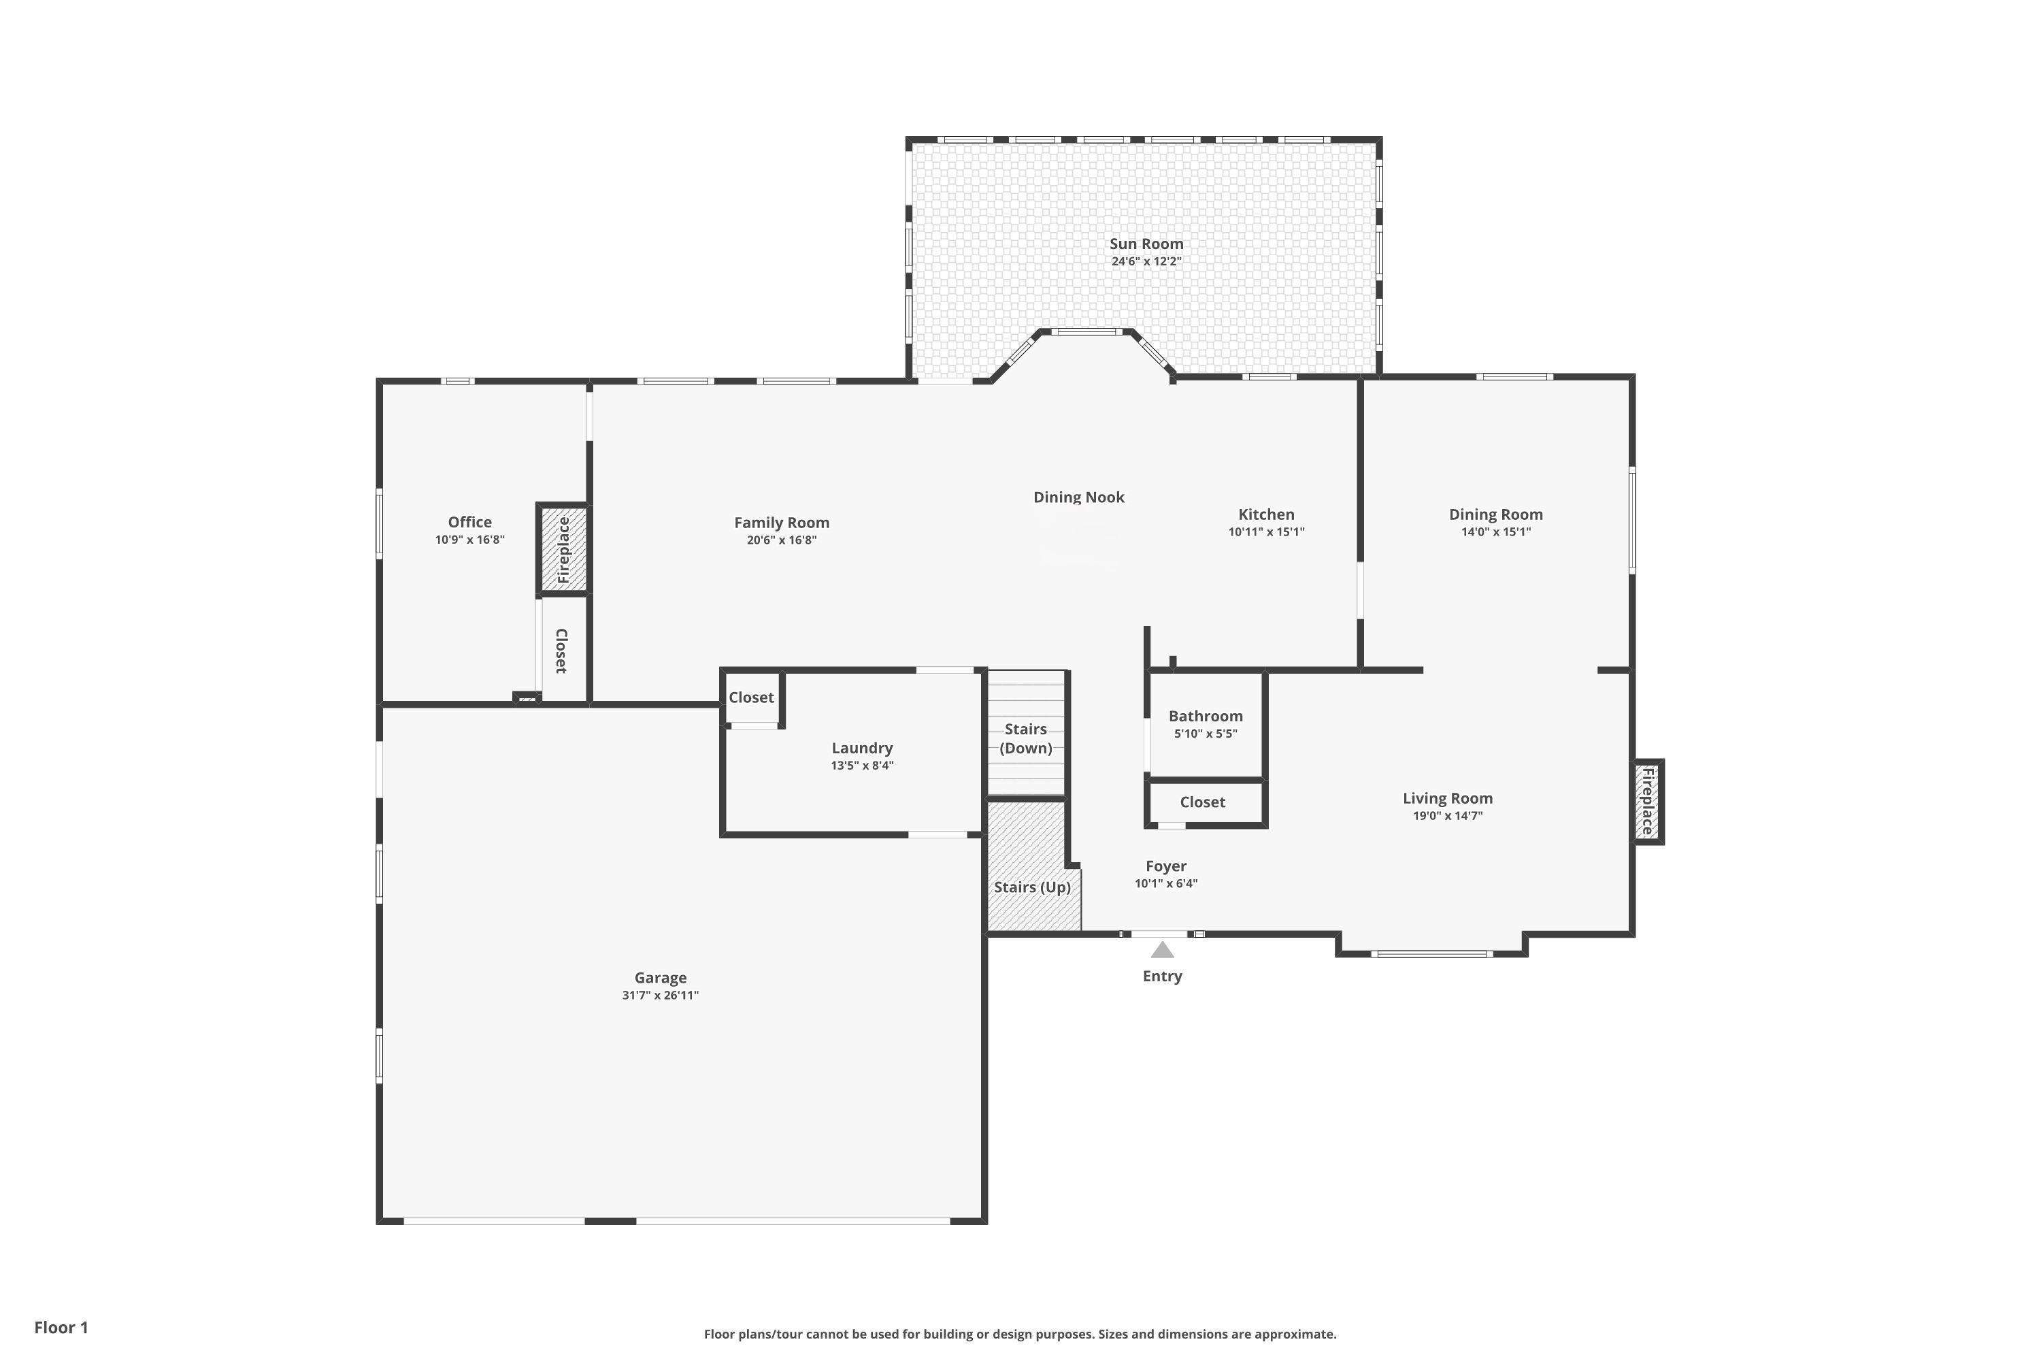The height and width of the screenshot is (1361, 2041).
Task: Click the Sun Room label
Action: tap(1146, 244)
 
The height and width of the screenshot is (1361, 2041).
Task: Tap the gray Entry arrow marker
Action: tap(1162, 949)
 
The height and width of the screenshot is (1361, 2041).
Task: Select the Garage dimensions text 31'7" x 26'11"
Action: tap(661, 996)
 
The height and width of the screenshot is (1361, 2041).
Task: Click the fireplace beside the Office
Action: tap(563, 549)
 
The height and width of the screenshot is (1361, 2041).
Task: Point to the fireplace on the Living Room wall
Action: tap(1648, 801)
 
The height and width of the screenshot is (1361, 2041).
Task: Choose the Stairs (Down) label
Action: tap(1026, 738)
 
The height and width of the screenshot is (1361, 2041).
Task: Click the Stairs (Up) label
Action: tap(1032, 887)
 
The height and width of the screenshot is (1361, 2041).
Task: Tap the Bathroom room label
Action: tap(1206, 716)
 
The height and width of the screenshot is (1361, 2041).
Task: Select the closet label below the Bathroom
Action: tap(1203, 802)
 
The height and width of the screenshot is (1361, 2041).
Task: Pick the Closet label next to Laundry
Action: tap(750, 698)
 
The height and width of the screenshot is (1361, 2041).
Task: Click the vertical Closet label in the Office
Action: tap(561, 651)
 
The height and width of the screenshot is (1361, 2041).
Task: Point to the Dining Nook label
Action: tap(1078, 497)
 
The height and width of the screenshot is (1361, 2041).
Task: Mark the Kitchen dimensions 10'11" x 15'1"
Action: tap(1266, 532)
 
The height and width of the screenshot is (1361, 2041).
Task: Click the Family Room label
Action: tap(782, 523)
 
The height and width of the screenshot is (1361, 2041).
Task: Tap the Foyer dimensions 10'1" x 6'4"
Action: tap(1166, 883)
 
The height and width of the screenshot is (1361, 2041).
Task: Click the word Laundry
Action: tap(862, 748)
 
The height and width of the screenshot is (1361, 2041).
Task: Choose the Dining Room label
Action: tap(1496, 514)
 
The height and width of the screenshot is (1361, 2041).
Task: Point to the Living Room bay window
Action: tap(1432, 954)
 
